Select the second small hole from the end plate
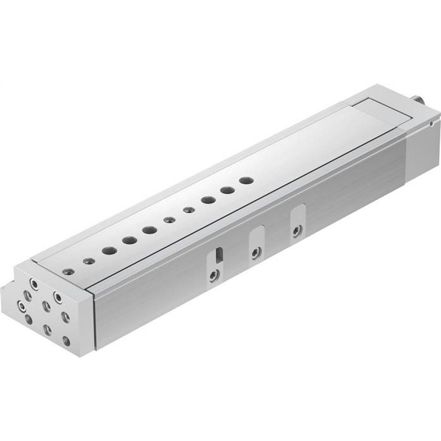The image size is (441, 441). tap(89, 260)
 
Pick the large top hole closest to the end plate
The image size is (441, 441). tap(108, 250)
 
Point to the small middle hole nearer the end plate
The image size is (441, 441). tap(168, 220)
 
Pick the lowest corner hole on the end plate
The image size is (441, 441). tap(66, 340)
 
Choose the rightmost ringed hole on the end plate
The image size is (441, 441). tap(57, 295)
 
